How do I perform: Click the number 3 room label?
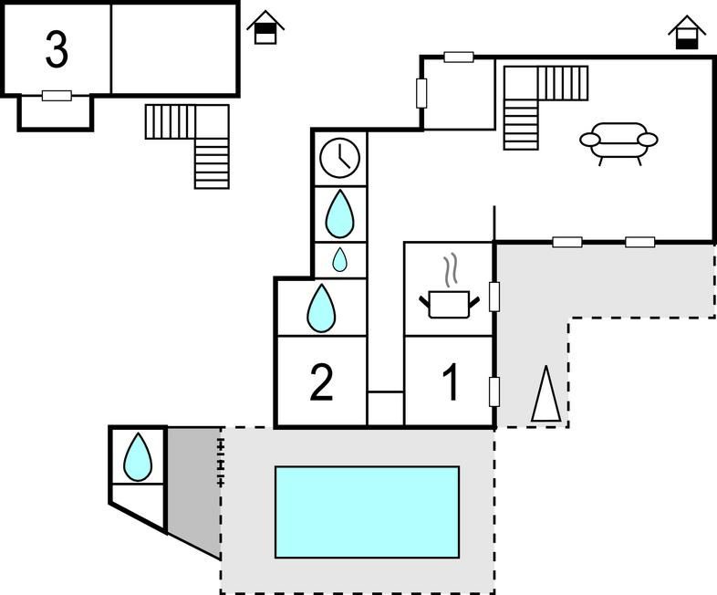click(57, 50)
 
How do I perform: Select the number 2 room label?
click(321, 383)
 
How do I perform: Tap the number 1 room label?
click(451, 383)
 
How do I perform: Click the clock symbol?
click(339, 158)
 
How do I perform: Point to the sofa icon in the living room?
click(618, 141)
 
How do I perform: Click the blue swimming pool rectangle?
click(367, 512)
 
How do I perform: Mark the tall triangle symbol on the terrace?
click(546, 394)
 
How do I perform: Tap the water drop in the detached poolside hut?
click(138, 456)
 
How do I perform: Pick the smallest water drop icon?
click(339, 260)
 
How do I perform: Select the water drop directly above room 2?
click(321, 308)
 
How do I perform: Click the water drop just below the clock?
click(339, 214)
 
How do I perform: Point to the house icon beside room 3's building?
click(265, 27)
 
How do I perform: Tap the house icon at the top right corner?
click(686, 33)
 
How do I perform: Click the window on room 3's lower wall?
click(57, 95)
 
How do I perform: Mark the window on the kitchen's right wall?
click(494, 297)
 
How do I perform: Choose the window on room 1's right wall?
click(494, 391)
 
